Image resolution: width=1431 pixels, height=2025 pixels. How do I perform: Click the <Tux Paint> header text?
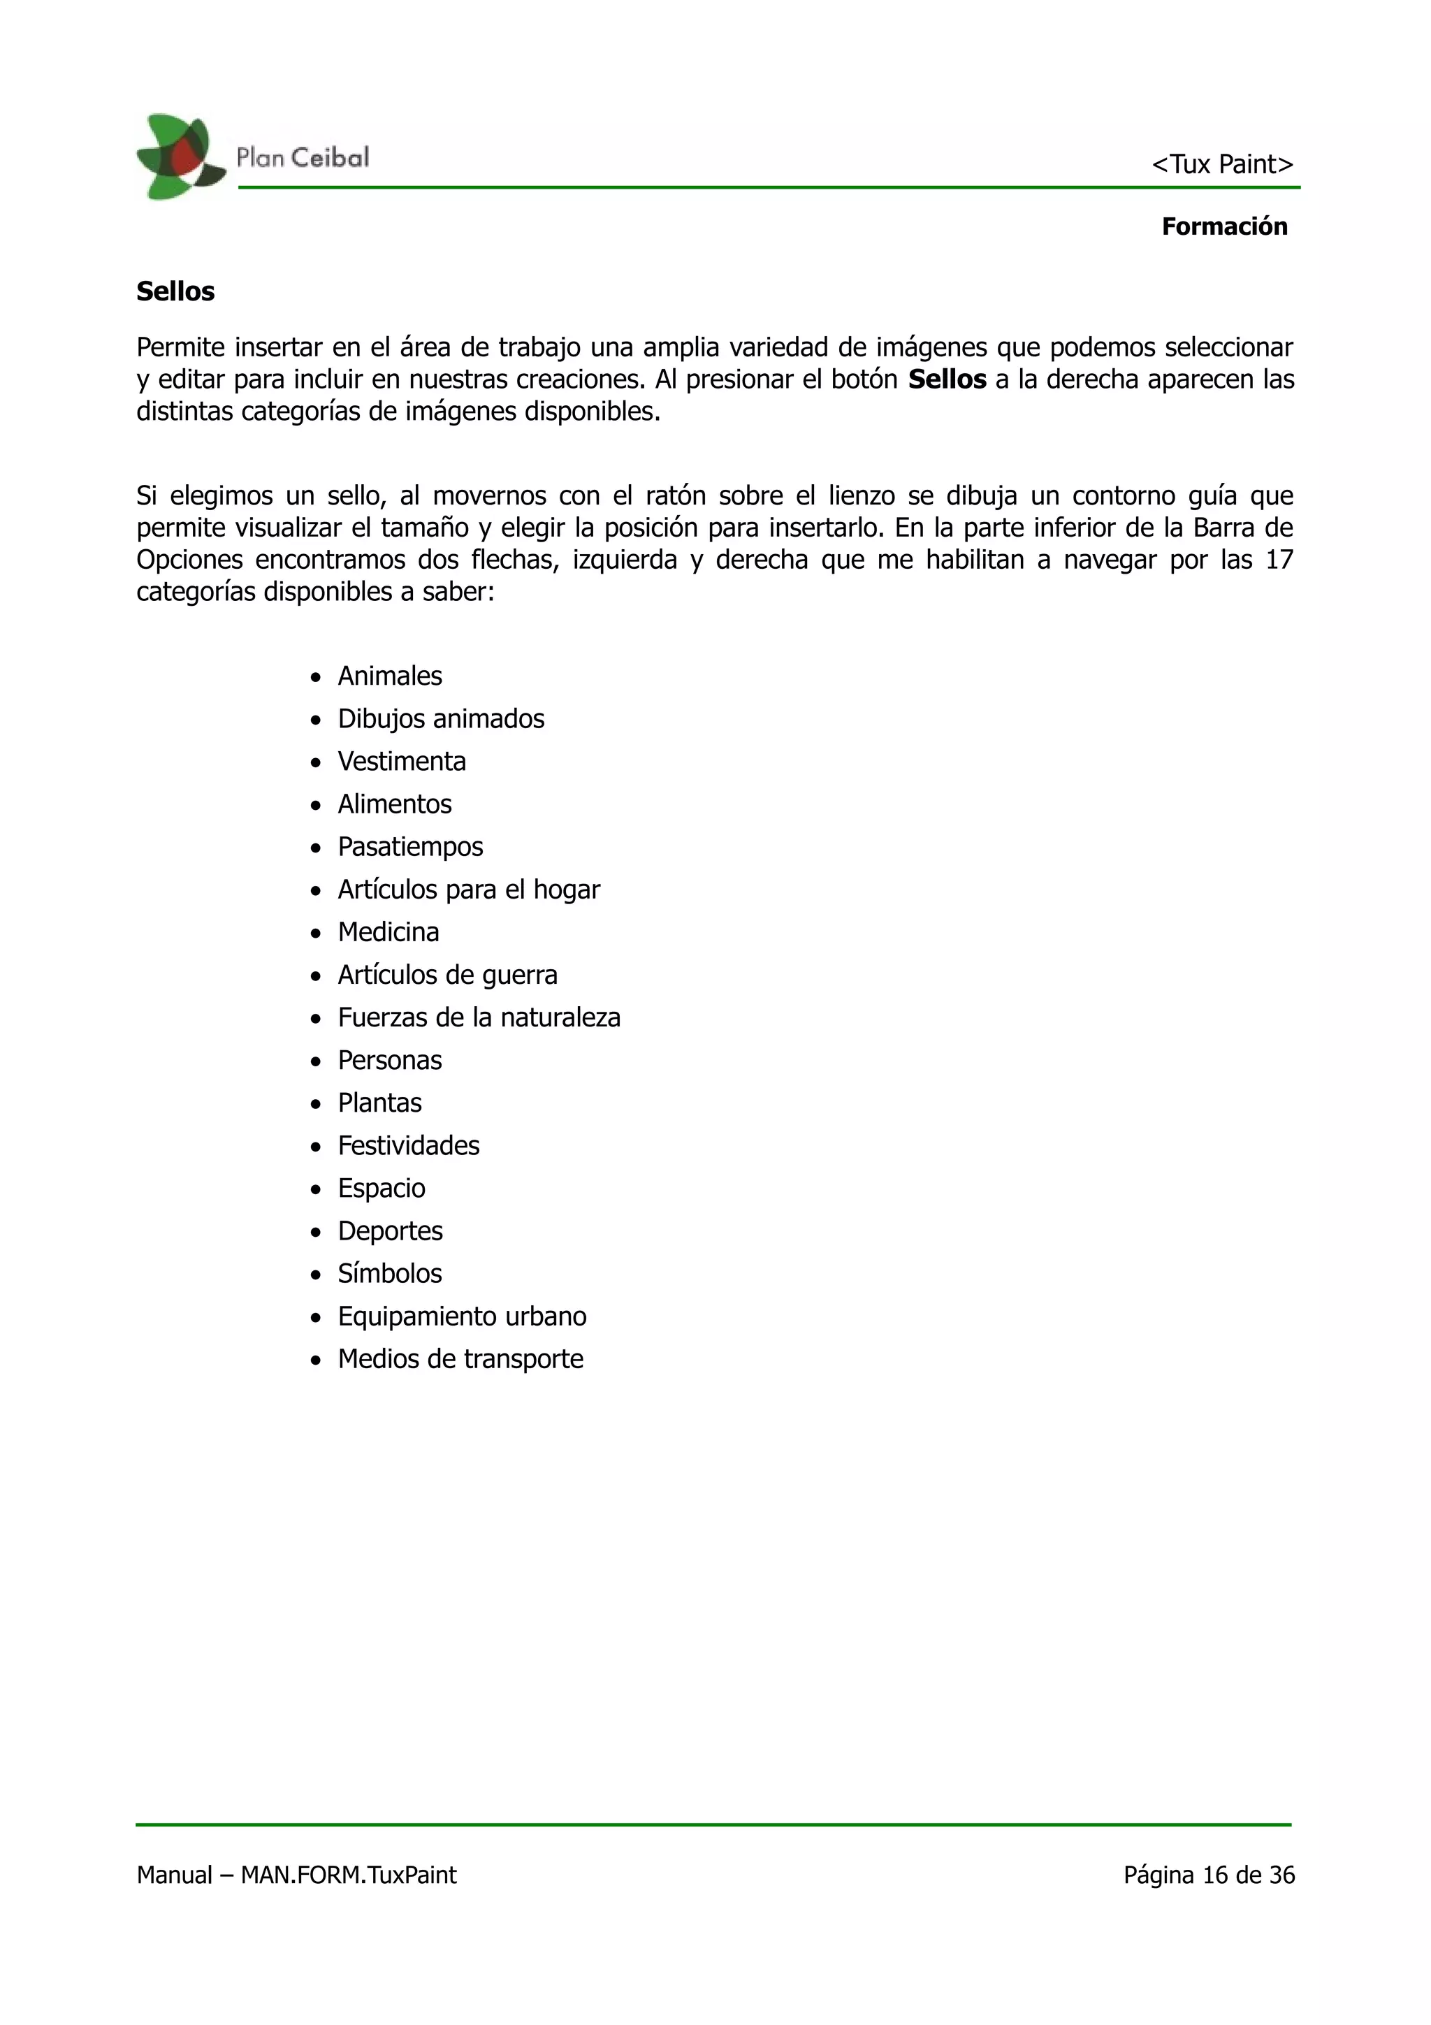(x=1221, y=165)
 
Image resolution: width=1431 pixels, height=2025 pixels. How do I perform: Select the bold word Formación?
(x=1223, y=226)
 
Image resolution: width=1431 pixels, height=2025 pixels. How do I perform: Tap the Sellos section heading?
(x=175, y=292)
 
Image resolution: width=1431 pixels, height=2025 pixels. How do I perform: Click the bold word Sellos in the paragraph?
(x=946, y=380)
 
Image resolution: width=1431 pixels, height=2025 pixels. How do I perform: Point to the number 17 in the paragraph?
(x=1279, y=560)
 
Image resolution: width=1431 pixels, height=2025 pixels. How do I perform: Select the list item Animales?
(x=390, y=676)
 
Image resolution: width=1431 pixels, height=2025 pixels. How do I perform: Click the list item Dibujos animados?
(x=441, y=719)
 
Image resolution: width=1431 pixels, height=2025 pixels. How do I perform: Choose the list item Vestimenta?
(x=401, y=761)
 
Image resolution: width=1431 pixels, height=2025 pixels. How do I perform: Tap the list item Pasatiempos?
(x=410, y=847)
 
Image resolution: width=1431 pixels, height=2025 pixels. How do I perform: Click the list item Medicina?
(x=388, y=932)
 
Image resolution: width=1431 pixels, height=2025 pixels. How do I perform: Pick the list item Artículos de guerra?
(x=447, y=975)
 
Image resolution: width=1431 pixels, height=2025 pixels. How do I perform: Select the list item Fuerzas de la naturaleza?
(x=479, y=1018)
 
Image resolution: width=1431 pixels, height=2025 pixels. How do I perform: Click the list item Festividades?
(x=408, y=1146)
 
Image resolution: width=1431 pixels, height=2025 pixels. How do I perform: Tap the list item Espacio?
(x=381, y=1188)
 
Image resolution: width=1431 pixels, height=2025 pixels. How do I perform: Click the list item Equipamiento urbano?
(x=462, y=1316)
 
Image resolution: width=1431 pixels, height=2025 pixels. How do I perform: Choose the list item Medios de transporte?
(x=460, y=1359)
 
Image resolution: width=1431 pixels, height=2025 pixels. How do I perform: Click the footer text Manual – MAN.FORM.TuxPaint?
(x=296, y=1875)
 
